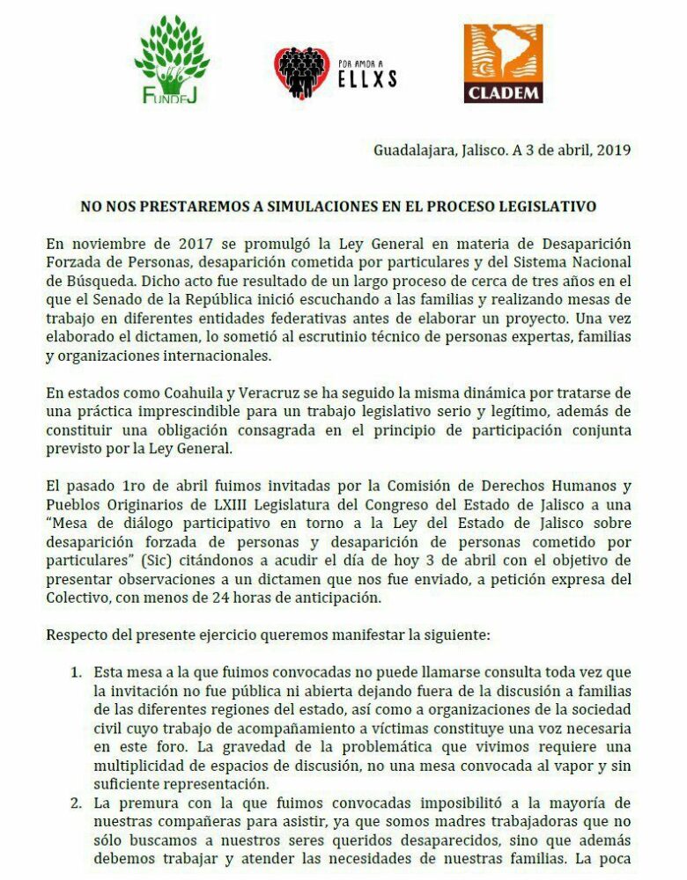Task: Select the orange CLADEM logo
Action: click(x=504, y=62)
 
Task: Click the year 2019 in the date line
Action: click(x=613, y=149)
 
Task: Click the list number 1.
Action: click(x=77, y=671)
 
